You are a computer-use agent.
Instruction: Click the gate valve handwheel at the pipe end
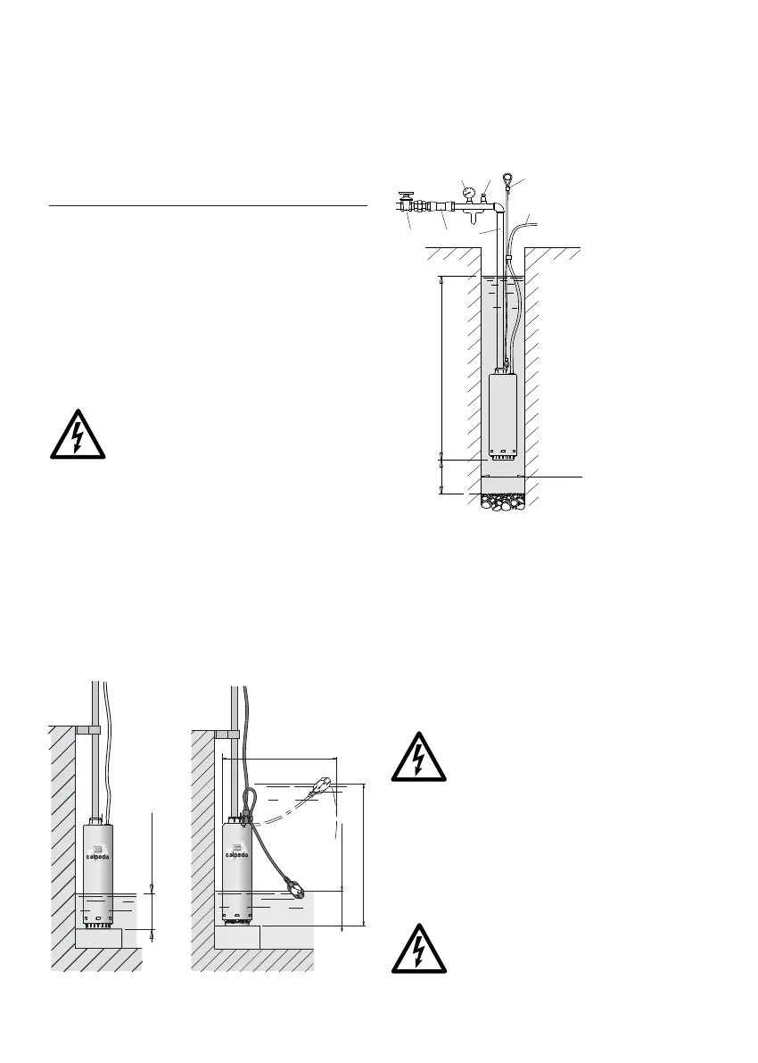[408, 192]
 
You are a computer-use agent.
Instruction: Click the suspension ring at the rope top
[507, 178]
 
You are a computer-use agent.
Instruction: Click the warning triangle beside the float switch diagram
[420, 758]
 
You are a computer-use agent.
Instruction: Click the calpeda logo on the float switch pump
[236, 849]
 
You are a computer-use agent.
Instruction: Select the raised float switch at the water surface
[321, 785]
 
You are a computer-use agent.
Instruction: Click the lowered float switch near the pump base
[295, 888]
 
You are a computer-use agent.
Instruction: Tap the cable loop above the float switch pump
[250, 800]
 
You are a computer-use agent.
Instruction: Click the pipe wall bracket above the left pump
[87, 729]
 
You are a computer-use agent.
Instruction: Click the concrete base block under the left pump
[98, 939]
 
